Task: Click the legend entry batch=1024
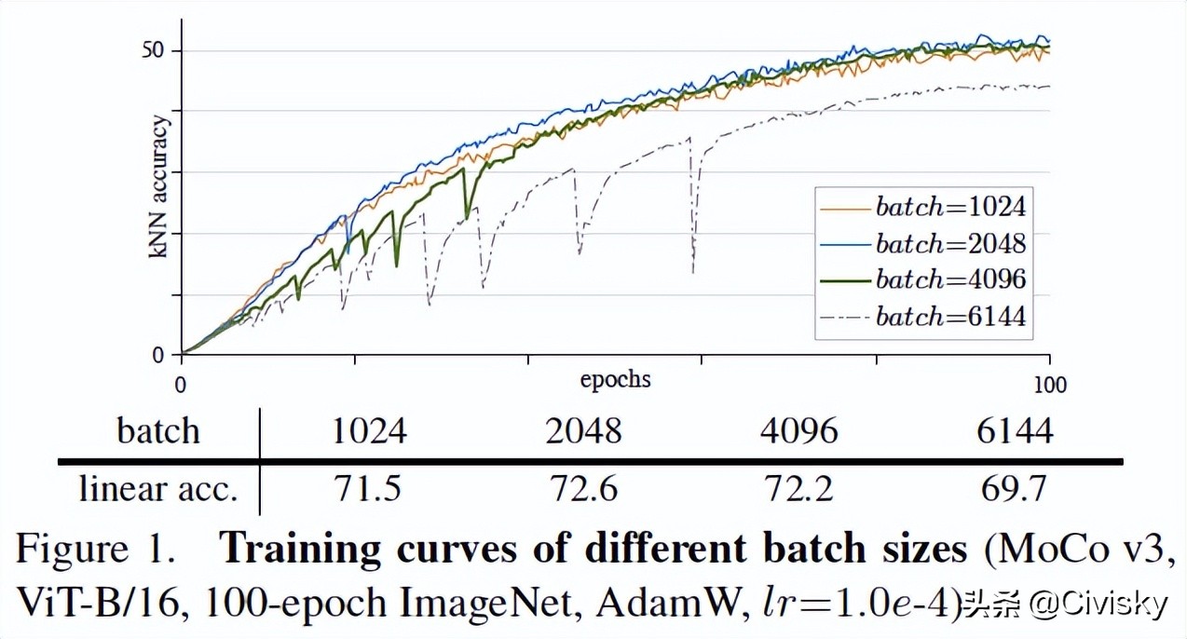click(x=949, y=207)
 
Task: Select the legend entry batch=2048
click(x=949, y=244)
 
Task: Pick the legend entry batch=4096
click(x=949, y=280)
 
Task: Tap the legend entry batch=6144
click(x=949, y=317)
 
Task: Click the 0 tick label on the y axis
click(x=159, y=355)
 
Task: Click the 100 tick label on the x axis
click(x=1050, y=384)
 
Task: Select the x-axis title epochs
click(x=615, y=380)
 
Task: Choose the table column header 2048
click(x=583, y=431)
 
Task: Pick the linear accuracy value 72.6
click(x=583, y=489)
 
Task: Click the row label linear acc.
click(x=158, y=489)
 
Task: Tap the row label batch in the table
click(x=158, y=431)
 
